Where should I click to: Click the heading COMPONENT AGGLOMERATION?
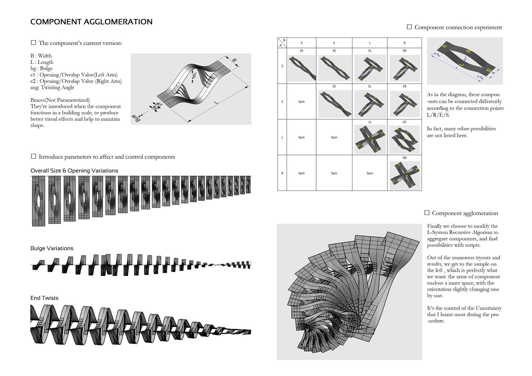(91, 22)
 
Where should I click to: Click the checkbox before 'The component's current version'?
(33, 43)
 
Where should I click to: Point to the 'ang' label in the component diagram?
(136, 118)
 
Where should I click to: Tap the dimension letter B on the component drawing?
(234, 60)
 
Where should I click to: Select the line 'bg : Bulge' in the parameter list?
(42, 68)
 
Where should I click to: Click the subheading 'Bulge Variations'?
(52, 248)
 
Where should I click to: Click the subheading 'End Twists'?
(44, 298)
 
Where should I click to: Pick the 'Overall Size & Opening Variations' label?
(74, 171)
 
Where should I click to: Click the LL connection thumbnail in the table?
(370, 139)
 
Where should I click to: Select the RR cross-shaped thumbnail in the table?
(405, 175)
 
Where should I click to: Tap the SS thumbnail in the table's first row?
(301, 68)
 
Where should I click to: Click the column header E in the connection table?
(334, 43)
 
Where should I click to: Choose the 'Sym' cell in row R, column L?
(370, 173)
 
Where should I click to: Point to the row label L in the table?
(282, 137)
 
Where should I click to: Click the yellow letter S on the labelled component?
(488, 70)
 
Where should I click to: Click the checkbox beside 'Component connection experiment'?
(409, 27)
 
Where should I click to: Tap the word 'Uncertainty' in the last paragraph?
(488, 308)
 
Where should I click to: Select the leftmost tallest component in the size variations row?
(38, 201)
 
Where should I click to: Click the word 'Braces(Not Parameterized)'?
(60, 100)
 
